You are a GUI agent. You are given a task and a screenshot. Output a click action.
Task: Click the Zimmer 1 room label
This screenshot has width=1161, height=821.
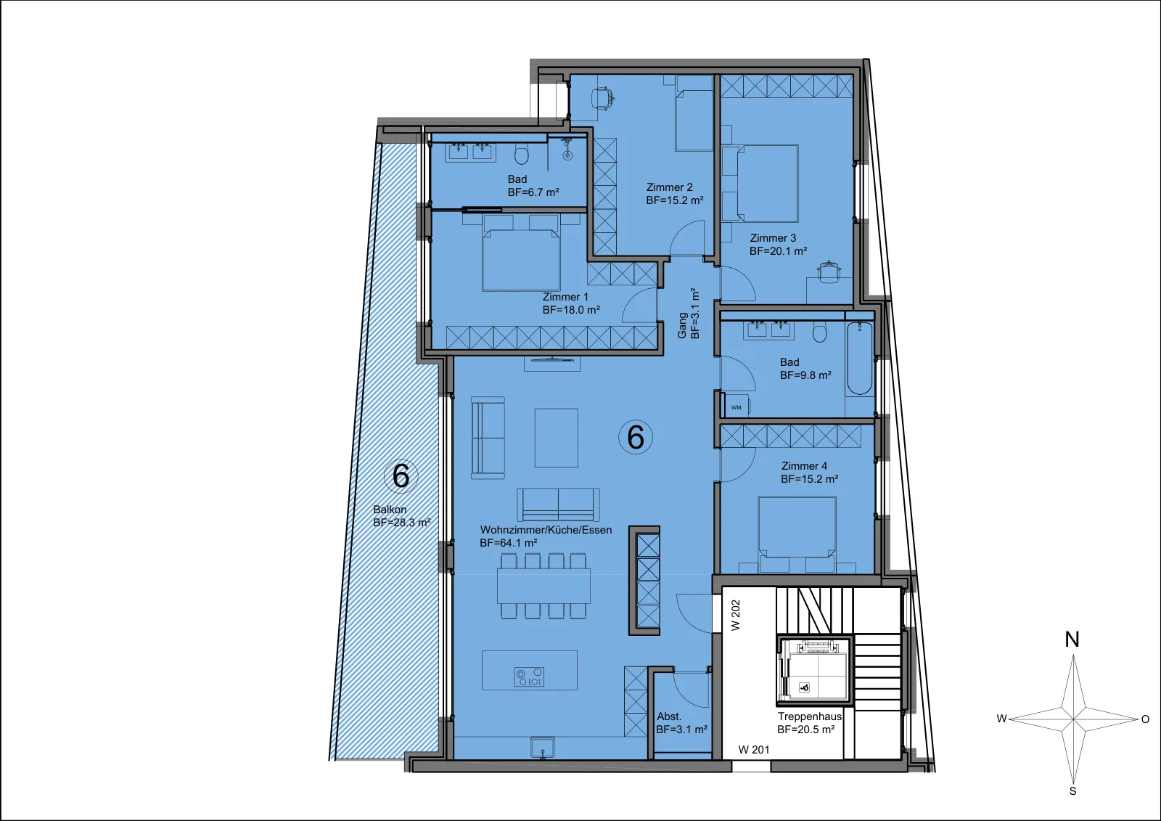pos(565,297)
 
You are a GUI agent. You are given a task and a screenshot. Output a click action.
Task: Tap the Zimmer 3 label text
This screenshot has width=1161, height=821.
pos(773,238)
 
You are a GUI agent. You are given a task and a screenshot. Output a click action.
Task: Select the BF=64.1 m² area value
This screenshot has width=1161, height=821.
pos(509,543)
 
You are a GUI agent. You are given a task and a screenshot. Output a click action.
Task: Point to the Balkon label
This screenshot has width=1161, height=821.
pos(390,510)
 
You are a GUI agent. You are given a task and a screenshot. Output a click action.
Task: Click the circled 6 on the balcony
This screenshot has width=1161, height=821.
pos(401,475)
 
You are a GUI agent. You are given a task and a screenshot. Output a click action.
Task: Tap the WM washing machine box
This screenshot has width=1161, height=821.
pos(737,407)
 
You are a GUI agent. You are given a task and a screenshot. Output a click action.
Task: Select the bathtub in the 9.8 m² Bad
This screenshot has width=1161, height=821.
pos(859,358)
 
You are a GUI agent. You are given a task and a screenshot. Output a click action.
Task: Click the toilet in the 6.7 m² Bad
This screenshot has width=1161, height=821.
pos(522,155)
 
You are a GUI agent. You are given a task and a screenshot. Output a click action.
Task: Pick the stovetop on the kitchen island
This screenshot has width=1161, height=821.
pos(529,677)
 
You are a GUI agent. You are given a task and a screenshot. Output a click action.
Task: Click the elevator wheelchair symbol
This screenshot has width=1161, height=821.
pos(805,687)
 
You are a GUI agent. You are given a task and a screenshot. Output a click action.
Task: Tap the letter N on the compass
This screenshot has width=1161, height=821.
pos(1072,640)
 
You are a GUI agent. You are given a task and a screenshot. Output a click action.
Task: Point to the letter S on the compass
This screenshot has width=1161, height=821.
pos(1073,791)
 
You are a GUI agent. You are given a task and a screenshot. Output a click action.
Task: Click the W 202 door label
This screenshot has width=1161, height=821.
pos(736,615)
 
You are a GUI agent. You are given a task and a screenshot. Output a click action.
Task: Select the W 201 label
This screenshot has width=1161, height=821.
pos(754,749)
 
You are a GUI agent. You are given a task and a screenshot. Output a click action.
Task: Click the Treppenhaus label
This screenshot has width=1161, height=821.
pos(810,716)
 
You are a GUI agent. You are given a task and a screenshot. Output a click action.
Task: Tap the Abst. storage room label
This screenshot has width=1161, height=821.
pos(669,716)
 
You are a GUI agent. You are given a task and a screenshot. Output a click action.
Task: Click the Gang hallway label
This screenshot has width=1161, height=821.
pos(683,325)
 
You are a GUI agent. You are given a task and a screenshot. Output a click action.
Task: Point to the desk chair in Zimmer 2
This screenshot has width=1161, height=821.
pos(603,97)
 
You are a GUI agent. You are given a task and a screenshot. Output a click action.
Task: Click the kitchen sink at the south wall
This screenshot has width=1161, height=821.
pos(543,748)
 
